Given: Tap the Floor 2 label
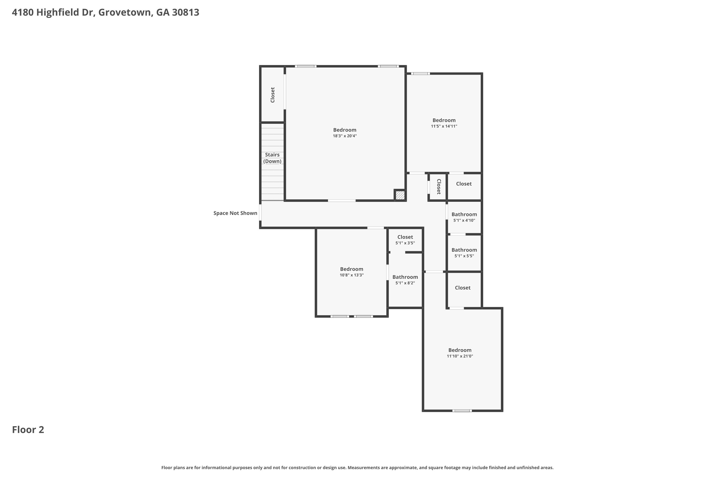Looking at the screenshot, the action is (28, 430).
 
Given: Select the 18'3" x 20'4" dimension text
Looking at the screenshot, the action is (345, 136).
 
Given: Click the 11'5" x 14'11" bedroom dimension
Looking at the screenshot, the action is (444, 126).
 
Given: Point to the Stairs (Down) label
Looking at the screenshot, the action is (272, 158).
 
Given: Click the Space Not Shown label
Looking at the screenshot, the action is (235, 213).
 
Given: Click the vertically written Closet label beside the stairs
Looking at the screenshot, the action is (273, 95).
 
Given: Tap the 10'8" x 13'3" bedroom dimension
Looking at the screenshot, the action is (352, 275).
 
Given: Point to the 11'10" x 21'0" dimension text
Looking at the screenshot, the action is (460, 356).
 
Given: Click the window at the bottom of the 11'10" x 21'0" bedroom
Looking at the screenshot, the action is (462, 411).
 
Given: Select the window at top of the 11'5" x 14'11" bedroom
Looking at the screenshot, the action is (420, 73).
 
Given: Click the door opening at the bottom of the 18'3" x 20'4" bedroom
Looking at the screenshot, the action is (342, 201).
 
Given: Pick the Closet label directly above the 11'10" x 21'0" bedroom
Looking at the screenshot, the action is (463, 288).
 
